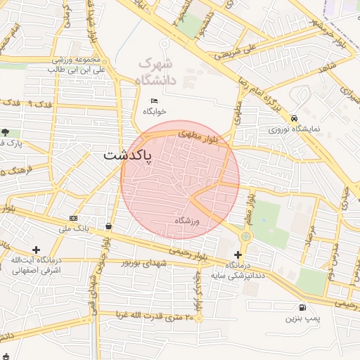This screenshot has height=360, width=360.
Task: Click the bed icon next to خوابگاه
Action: (x=154, y=101)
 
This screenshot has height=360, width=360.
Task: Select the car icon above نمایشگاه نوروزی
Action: (x=294, y=118)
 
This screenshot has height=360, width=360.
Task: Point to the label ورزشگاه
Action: (x=188, y=221)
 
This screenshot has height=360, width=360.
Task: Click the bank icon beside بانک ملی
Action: (x=74, y=219)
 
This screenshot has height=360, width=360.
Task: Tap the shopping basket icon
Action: (x=109, y=226)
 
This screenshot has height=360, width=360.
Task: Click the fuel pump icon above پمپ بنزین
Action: (x=302, y=307)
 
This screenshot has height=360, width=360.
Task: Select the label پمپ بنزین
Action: (x=302, y=319)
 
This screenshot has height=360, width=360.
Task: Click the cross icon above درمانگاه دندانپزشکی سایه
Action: (x=238, y=255)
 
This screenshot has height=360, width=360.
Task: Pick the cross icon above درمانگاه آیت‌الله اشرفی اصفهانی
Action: (x=36, y=250)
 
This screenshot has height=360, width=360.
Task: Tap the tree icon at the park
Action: (x=6, y=131)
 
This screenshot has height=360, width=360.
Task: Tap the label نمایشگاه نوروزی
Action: (x=294, y=129)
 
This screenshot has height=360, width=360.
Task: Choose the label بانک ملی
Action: (x=73, y=229)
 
